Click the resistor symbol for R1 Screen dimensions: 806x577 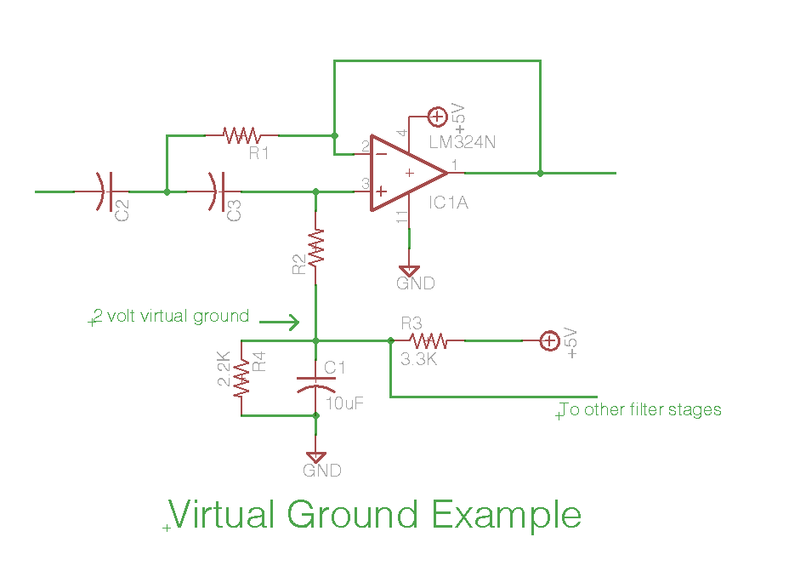[x=242, y=135]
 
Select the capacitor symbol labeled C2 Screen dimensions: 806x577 [x=105, y=191]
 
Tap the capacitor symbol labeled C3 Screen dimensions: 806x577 [x=217, y=191]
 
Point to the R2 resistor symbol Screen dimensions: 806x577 [x=315, y=248]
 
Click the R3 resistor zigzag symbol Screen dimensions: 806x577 [x=429, y=340]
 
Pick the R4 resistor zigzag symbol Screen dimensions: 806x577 [x=241, y=379]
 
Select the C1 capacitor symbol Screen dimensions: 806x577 [x=316, y=385]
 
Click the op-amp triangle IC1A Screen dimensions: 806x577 [x=409, y=173]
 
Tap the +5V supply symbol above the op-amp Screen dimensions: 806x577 [x=437, y=117]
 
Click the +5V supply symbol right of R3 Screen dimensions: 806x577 [x=549, y=340]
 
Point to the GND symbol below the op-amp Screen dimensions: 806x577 [x=409, y=271]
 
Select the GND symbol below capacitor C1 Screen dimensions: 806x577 [x=315, y=458]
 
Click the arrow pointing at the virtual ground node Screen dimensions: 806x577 [x=279, y=323]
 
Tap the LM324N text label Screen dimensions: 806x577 [x=463, y=142]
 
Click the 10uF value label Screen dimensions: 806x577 [x=344, y=403]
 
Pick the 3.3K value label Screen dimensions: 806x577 [x=419, y=359]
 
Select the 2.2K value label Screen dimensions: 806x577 [x=224, y=368]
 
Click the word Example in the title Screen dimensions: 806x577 [x=507, y=514]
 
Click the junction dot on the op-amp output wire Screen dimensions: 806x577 [x=540, y=174]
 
